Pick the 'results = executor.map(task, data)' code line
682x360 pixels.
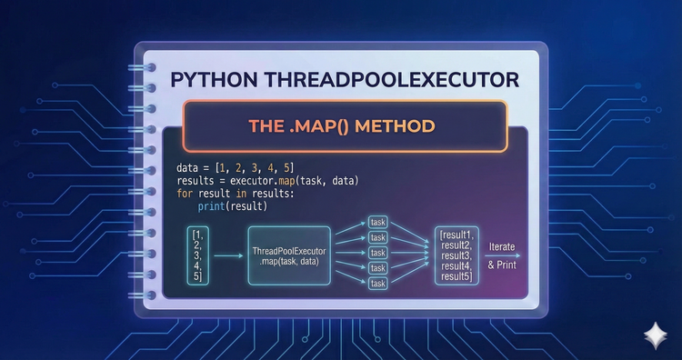click(268, 182)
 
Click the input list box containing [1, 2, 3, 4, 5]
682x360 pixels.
click(198, 255)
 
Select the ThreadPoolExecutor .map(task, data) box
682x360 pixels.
click(289, 255)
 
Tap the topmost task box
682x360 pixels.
click(378, 222)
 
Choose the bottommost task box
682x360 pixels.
click(378, 284)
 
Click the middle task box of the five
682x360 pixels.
click(378, 253)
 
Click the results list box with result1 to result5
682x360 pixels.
click(455, 255)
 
